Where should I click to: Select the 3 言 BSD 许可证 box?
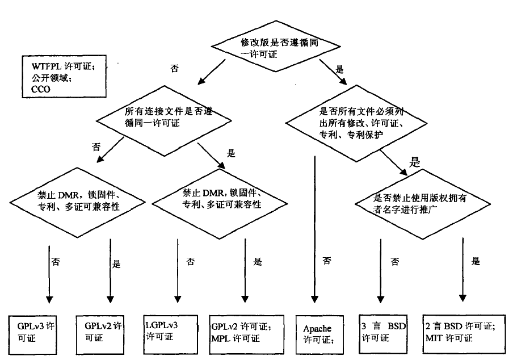(x=385, y=333)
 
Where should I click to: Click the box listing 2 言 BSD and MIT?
(x=464, y=333)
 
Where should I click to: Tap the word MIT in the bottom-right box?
(x=434, y=338)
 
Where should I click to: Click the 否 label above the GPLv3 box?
(x=56, y=263)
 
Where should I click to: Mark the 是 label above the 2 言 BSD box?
(x=476, y=262)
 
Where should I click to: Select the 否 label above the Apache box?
(x=327, y=262)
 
